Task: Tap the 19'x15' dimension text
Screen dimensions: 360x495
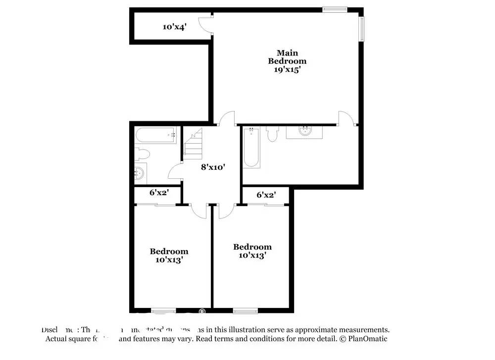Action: pyautogui.click(x=287, y=70)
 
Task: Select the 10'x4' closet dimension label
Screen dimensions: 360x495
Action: pyautogui.click(x=174, y=27)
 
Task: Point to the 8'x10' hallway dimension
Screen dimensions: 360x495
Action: pyautogui.click(x=213, y=167)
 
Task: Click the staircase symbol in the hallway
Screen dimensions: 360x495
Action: pyautogui.click(x=193, y=144)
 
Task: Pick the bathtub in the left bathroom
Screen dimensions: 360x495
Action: pyautogui.click(x=155, y=135)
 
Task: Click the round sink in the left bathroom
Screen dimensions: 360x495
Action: pyautogui.click(x=140, y=173)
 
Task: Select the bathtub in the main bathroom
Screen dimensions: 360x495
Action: pyautogui.click(x=251, y=147)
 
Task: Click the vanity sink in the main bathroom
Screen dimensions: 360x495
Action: pyautogui.click(x=304, y=132)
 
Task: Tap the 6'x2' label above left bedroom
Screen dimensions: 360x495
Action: pyautogui.click(x=158, y=192)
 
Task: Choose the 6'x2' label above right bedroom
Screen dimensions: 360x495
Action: pyautogui.click(x=266, y=195)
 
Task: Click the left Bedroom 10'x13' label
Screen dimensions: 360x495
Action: pyautogui.click(x=169, y=255)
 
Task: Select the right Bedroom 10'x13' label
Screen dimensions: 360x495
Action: pyautogui.click(x=252, y=251)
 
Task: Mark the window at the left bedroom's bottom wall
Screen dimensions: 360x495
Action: pyautogui.click(x=163, y=311)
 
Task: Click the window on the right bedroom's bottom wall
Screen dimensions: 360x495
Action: pyautogui.click(x=246, y=311)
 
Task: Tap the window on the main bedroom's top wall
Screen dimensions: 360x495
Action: pyautogui.click(x=335, y=8)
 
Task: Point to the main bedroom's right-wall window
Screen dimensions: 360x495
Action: pyautogui.click(x=362, y=29)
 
